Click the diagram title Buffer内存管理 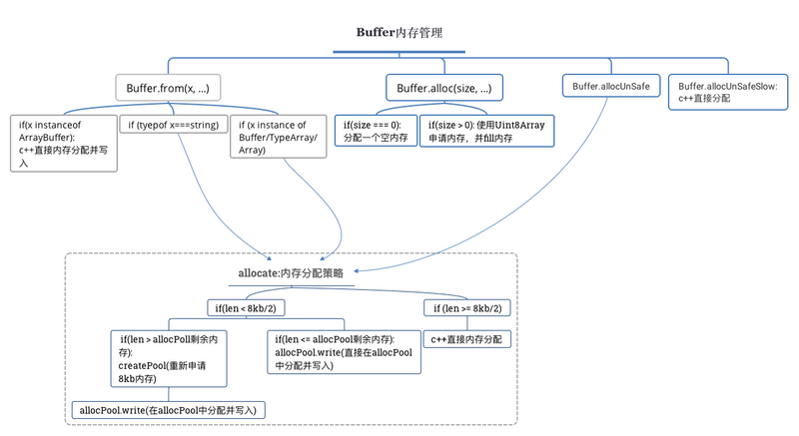pos(399,33)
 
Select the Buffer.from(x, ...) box pos(168,88)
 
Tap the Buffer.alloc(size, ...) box pos(444,88)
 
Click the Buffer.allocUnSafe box pos(611,86)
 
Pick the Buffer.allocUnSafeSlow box pos(728,92)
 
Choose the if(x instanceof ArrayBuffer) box pos(64,144)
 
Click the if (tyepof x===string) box pos(174,125)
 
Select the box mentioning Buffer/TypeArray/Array pos(279,137)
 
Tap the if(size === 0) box pos(376,131)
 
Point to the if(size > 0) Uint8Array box pos(486,131)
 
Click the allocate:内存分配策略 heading pos(291,273)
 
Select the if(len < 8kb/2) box pos(246,308)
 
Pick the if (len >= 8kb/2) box pos(467,308)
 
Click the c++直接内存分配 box pos(466,339)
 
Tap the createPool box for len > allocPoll pos(169,358)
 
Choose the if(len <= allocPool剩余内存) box pos(344,352)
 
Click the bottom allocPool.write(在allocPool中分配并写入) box pos(168,410)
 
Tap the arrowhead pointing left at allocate pos(357,271)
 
